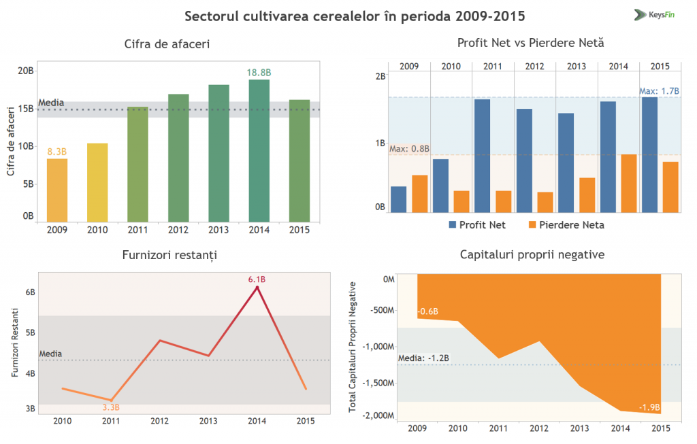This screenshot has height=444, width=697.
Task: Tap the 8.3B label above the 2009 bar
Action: coord(56,152)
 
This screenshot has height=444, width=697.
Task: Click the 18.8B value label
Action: coord(259,72)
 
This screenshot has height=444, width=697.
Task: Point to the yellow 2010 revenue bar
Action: coord(97,182)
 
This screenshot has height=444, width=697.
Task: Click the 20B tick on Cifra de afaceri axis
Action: coord(25,71)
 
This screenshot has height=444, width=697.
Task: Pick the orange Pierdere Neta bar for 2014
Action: coord(629,183)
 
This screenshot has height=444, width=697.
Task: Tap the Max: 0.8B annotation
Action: coord(409,148)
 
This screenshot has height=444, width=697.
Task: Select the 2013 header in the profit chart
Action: coord(577,66)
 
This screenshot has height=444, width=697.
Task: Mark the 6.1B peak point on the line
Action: coord(257,288)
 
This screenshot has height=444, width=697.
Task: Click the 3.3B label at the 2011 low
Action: coord(111,407)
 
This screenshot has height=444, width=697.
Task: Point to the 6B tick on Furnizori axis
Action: coord(30,292)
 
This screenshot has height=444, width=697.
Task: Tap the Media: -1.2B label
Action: coord(423,358)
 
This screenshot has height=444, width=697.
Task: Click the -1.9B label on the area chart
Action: coord(649,407)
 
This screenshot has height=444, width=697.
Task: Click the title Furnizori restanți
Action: coord(170,255)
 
